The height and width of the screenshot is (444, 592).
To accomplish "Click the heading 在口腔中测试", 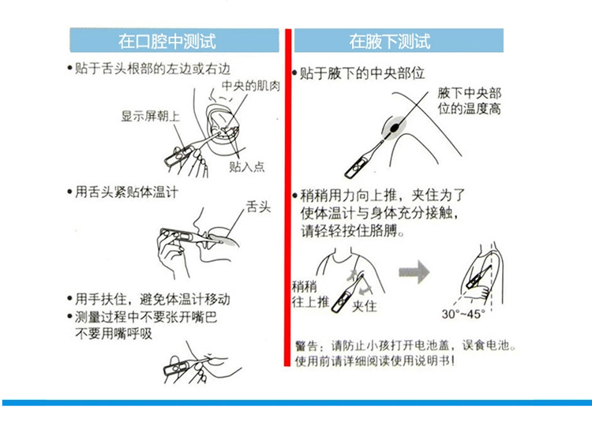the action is tap(167, 41).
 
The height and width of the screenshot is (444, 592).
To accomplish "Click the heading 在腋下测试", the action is tap(389, 41).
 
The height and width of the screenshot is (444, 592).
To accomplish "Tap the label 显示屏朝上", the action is tap(150, 116).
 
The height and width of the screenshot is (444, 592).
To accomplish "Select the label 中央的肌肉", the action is tap(251, 86).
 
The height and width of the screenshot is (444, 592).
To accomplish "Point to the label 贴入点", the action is tap(247, 166).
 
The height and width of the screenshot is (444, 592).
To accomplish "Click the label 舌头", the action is tap(259, 207).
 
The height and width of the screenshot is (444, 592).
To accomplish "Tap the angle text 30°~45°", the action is tap(463, 314).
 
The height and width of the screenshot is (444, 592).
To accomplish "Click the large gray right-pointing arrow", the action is tap(414, 271).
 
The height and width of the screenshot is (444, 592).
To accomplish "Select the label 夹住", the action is tap(365, 305).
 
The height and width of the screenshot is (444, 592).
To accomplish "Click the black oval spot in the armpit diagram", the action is tap(395, 128).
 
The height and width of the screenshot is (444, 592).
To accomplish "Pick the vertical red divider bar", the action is tap(287, 197).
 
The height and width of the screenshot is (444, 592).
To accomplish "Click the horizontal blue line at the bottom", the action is tap(297, 403).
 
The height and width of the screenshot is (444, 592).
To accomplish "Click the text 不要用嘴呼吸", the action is tap(113, 334).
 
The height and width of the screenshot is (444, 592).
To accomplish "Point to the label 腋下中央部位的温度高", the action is tap(470, 101).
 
